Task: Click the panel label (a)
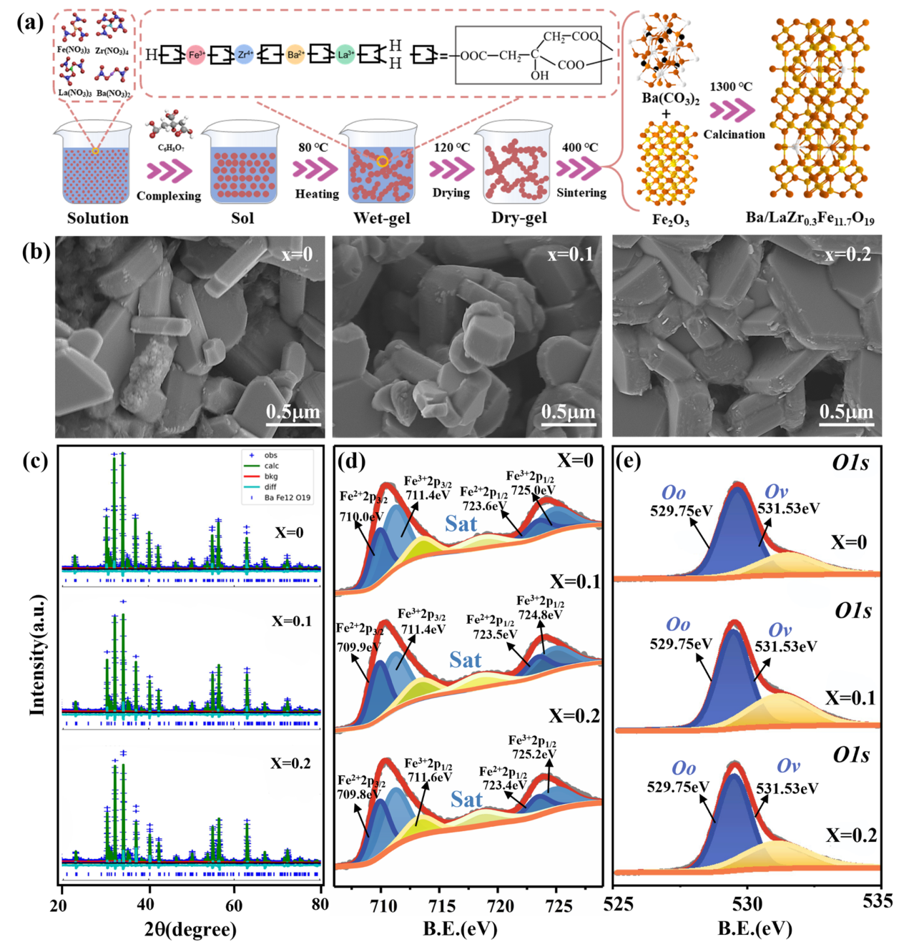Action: tap(29, 22)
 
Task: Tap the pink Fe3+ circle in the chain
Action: tap(196, 54)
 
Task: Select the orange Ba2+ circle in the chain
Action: tap(295, 54)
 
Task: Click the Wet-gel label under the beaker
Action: tap(382, 218)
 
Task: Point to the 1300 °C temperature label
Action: tap(731, 87)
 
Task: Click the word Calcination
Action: tap(734, 134)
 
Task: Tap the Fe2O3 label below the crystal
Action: tap(670, 220)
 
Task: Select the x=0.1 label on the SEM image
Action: tap(570, 255)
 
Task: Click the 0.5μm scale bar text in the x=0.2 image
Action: tap(846, 412)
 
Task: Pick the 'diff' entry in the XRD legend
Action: tap(270, 487)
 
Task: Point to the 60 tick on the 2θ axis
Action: tap(234, 904)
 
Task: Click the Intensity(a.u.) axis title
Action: tap(37, 654)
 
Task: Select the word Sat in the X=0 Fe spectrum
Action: tap(461, 524)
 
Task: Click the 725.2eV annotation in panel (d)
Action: tap(534, 754)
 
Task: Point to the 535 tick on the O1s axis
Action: tap(878, 901)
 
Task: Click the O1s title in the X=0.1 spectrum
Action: tap(853, 611)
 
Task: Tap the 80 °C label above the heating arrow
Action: tap(313, 147)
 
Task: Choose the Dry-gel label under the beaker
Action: tap(519, 218)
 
